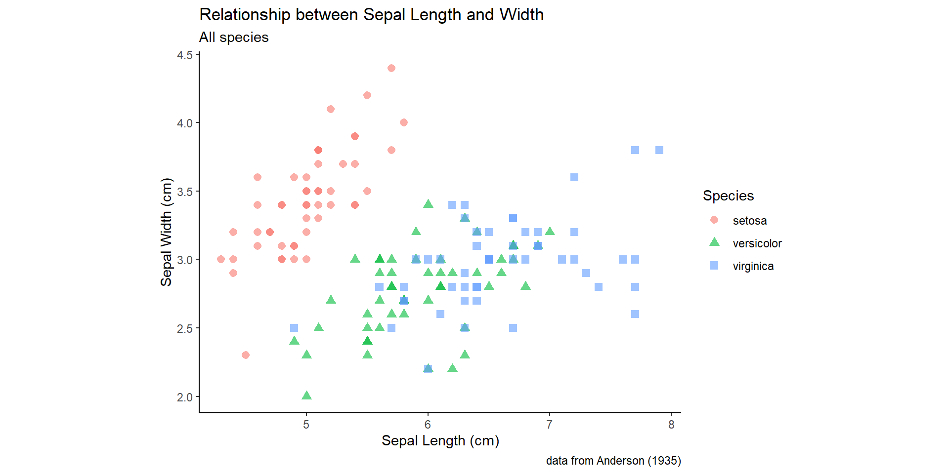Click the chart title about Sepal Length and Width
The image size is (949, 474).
coord(371,15)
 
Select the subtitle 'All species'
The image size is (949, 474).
coord(234,38)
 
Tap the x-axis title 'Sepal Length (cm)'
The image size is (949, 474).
coord(440,440)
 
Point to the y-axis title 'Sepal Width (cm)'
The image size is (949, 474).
coord(166,232)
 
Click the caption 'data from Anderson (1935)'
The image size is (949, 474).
coord(613,461)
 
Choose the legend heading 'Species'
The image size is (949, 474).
coord(728,196)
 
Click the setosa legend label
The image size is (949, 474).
coord(749,221)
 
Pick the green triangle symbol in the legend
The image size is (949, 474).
coord(714,242)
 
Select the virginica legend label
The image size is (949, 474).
coord(753,266)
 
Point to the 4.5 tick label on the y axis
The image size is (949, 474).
coord(185,55)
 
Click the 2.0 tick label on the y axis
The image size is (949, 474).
coord(185,397)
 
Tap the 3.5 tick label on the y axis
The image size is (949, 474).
coord(185,192)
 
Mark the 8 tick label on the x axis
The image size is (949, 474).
coord(671,425)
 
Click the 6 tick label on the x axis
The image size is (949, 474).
coord(428,425)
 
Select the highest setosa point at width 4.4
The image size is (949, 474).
coord(391,68)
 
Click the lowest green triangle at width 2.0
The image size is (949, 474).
coord(306,395)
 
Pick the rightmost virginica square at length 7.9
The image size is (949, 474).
coord(659,150)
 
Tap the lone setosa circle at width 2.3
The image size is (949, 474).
coord(246,355)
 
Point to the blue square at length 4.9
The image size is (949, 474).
coord(294,328)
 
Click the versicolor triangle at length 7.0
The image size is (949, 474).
coord(550,231)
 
